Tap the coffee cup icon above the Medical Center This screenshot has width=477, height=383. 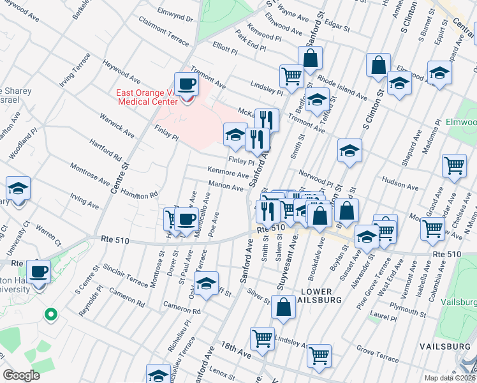click(x=187, y=84)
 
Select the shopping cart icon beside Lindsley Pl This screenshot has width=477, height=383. click(x=291, y=77)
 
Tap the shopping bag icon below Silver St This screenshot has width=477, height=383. click(x=283, y=307)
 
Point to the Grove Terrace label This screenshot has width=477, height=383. click(x=374, y=350)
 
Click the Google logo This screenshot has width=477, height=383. click(x=22, y=375)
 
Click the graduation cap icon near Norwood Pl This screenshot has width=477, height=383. click(x=349, y=151)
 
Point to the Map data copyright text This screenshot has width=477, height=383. click(x=450, y=378)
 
